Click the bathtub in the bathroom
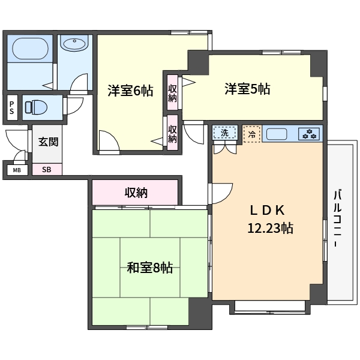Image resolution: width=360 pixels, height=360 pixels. pos(31,49)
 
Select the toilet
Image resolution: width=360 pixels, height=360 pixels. pos(36,107)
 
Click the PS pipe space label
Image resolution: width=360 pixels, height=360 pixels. pos(12,107)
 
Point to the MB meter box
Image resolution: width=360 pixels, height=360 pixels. pos(17,170)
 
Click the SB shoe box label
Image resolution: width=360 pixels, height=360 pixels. pos(47,169)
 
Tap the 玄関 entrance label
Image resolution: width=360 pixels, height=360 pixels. pos(49,142)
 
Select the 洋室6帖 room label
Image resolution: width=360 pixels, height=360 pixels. pos(130,91)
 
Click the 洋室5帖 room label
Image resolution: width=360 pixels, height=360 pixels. pos(247,89)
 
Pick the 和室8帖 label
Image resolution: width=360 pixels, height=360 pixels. pos(150,268)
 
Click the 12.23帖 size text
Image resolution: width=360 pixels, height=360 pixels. pos(270,228)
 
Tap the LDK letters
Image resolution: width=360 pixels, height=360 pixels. pos(267,210)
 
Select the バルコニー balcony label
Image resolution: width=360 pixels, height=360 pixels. pos(337,218)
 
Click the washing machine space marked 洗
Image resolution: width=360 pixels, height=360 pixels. pos(224,133)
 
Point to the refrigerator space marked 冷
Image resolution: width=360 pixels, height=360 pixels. pos(252,134)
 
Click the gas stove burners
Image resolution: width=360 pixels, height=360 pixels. pos(309,134)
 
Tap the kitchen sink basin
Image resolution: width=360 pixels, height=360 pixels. pos(277,134)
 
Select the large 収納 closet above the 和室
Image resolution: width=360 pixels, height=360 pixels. pos(135,193)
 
